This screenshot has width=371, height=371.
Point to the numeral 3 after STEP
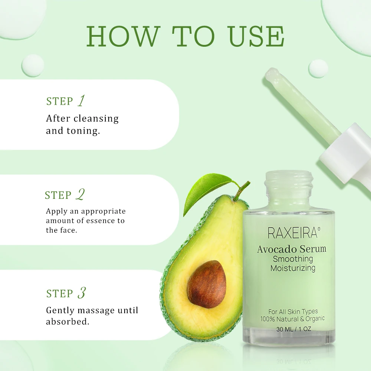coord(81,293)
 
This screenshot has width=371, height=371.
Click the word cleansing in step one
coord(96,119)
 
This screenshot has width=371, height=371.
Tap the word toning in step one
coord(83,131)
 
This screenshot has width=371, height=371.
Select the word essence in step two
coord(101,221)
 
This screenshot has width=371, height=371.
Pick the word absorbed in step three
coord(68,322)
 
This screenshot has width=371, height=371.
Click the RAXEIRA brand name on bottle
coord(292,233)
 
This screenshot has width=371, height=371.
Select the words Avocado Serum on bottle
coord(292,249)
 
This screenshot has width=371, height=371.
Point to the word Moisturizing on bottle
coord(293,268)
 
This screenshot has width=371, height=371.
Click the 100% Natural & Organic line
coord(292,319)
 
